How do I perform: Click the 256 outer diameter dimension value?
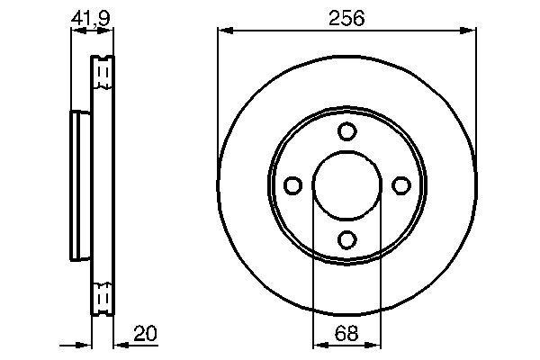(x=346, y=17)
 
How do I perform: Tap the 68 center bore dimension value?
(x=346, y=333)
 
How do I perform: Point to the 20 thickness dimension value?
(x=145, y=333)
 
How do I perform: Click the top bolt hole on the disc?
(x=346, y=131)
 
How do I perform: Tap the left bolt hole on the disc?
(x=292, y=185)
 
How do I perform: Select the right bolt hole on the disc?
(x=400, y=185)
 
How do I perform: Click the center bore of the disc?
(x=346, y=185)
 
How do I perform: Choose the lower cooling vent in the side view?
(x=103, y=295)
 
